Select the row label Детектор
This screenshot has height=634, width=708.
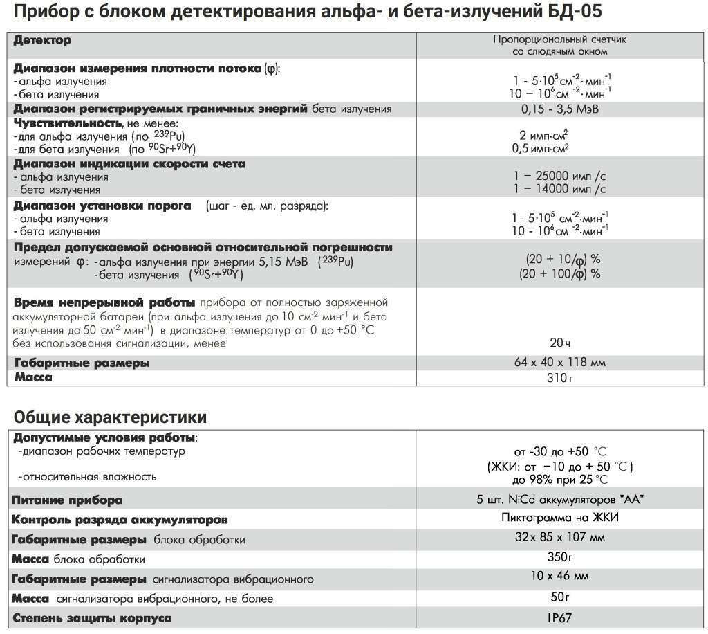42,40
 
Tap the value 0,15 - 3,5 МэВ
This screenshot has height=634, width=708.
560,109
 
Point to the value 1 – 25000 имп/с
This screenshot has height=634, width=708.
560,176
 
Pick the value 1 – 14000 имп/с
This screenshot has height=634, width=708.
560,189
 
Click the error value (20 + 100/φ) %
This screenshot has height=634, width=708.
559,273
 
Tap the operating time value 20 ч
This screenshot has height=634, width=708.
560,342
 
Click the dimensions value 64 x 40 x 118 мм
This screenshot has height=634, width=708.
560,362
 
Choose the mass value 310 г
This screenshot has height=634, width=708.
560,378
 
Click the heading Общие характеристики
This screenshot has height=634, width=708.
110,417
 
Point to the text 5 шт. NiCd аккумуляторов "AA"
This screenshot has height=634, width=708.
560,500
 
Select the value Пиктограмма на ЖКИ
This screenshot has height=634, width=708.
560,518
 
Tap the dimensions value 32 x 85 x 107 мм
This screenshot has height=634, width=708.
560,537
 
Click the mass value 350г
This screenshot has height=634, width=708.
560,556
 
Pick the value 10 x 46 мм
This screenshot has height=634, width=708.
560,576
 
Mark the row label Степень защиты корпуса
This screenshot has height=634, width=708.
92,618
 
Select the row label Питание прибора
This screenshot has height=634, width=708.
68,500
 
